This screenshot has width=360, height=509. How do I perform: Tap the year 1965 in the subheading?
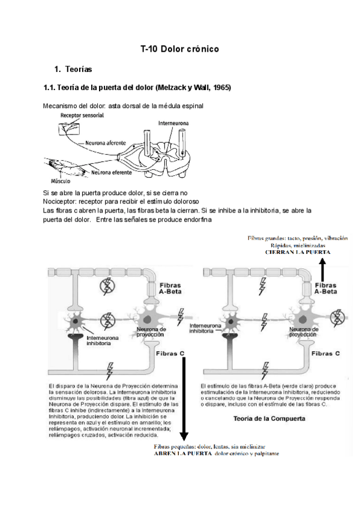[x=220, y=88]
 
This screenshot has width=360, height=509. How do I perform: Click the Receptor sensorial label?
[x=85, y=115]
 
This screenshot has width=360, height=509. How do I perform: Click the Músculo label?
[x=62, y=179]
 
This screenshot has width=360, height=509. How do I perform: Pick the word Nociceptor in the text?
[x=59, y=202]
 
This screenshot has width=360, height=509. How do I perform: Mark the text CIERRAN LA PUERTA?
[x=297, y=253]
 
